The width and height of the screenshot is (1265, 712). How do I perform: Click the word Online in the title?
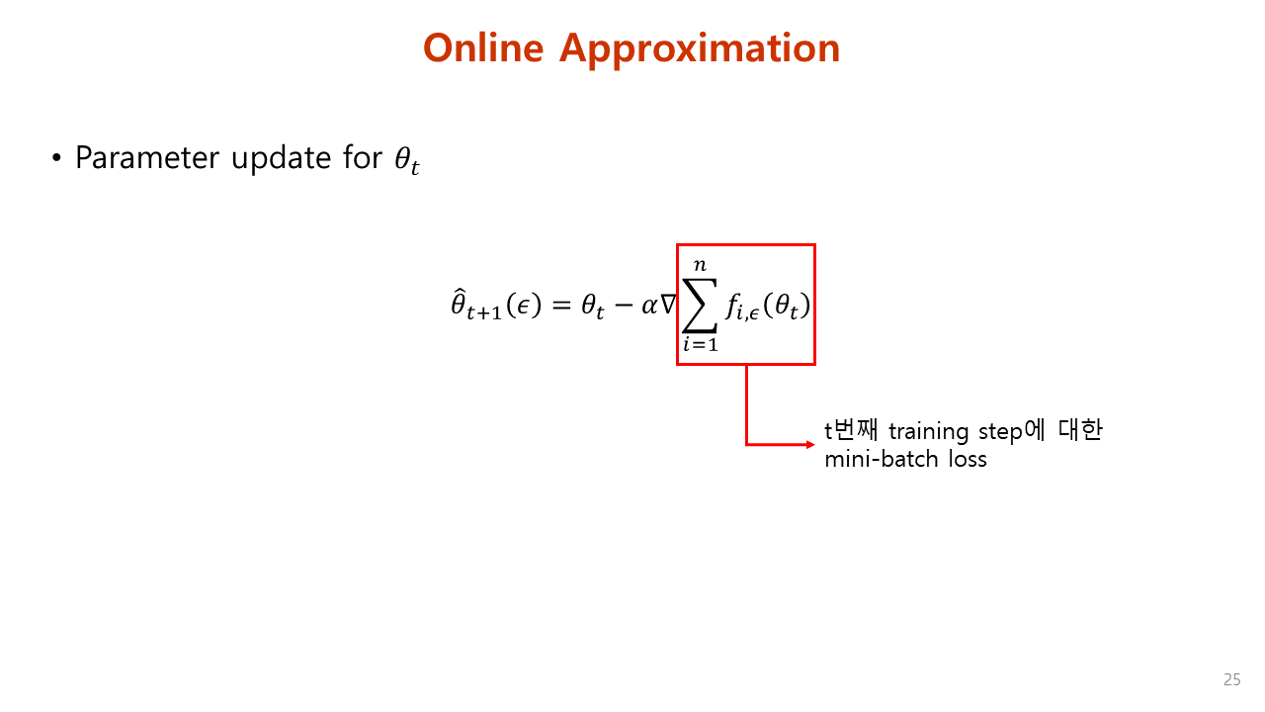coord(484,47)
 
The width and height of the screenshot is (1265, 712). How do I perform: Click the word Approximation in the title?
coord(700,49)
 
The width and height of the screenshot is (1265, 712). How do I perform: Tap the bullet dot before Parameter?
coord(56,158)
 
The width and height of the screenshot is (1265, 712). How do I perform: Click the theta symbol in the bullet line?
coord(405,161)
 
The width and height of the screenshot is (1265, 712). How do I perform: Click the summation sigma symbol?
coord(700,305)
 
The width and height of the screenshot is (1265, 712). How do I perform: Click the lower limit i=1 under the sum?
coord(700,345)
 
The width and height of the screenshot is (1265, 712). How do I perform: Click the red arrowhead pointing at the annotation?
coord(809,444)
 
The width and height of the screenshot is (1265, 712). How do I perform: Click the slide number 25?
coord(1231,679)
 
